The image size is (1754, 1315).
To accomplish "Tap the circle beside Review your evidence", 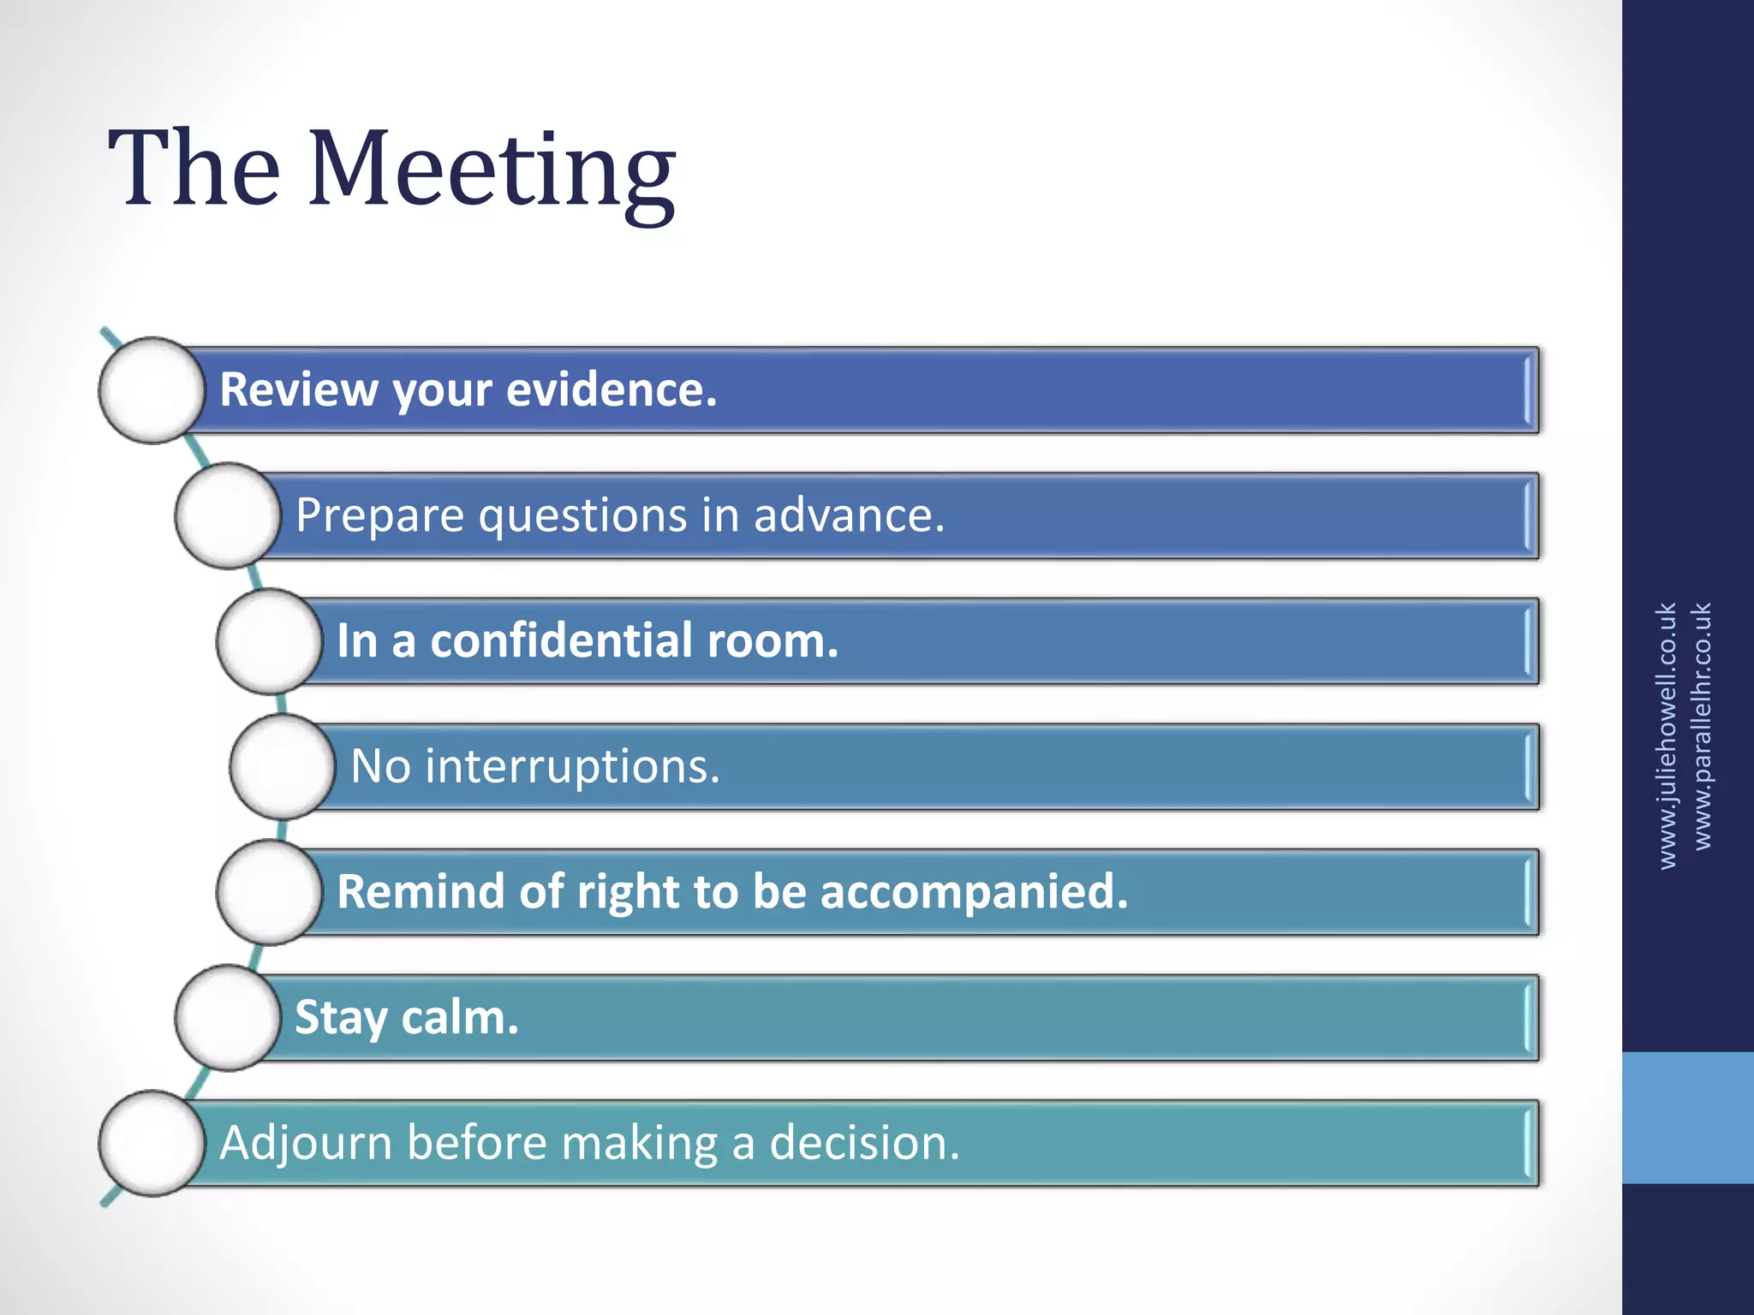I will (x=152, y=390).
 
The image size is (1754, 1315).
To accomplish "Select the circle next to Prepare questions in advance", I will (x=228, y=516).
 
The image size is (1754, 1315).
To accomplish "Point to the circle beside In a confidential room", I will (x=269, y=641).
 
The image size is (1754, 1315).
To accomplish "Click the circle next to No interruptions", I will (x=283, y=767).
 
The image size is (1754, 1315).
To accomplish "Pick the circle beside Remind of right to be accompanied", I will (x=269, y=892).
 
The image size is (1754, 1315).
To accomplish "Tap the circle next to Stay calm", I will (x=228, y=1018).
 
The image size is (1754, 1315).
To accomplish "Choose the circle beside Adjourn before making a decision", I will (x=152, y=1143).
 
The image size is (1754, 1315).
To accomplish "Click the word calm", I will (x=460, y=1018).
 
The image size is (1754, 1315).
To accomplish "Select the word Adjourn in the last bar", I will (x=305, y=1143).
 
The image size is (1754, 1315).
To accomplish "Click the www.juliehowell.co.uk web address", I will (x=1666, y=736).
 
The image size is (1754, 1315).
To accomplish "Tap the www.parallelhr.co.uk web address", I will (x=1703, y=726).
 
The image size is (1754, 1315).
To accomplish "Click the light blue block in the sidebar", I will (x=1687, y=1117).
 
